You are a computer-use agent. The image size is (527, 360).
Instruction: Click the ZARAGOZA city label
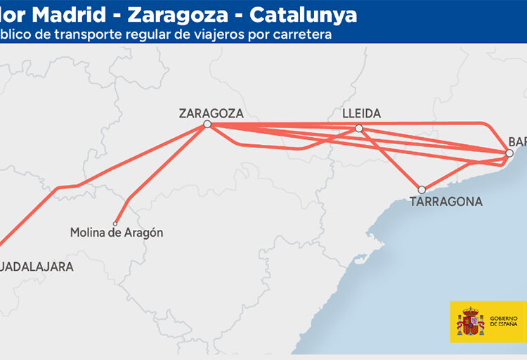click(x=211, y=112)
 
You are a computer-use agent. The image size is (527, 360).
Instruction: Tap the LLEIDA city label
click(x=361, y=113)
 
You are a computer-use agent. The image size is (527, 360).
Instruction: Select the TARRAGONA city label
click(x=446, y=202)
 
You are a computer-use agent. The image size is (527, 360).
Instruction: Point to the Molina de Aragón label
click(x=117, y=232)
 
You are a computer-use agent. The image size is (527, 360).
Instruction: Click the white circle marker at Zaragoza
click(x=207, y=124)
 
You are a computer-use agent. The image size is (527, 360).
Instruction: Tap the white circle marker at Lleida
click(x=359, y=128)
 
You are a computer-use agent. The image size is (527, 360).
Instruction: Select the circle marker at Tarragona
click(x=422, y=189)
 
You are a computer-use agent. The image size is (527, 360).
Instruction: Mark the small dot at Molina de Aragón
click(x=115, y=224)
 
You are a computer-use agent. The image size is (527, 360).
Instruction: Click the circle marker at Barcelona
click(x=509, y=153)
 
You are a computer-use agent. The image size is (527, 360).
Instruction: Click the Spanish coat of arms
click(x=469, y=321)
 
